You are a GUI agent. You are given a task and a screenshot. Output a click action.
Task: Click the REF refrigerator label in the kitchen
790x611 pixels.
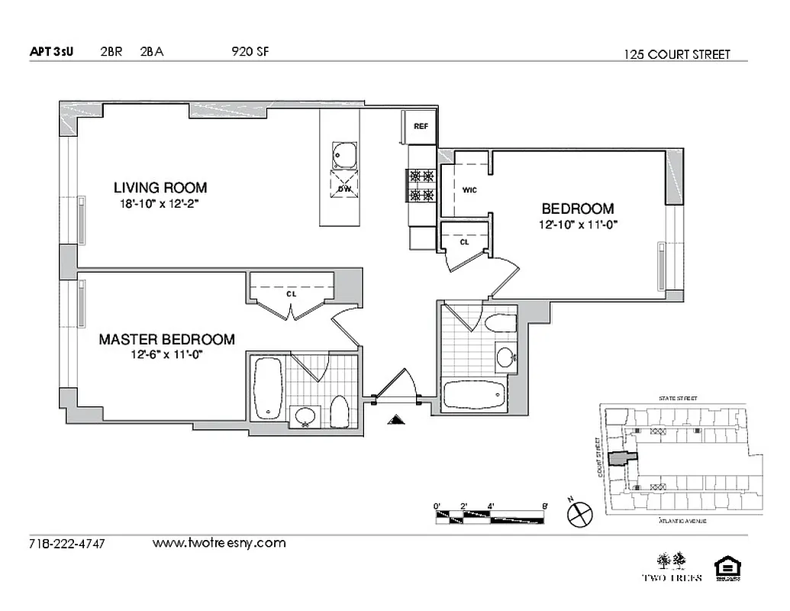[420, 126]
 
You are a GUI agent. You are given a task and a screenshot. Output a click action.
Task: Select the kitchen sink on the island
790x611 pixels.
[343, 155]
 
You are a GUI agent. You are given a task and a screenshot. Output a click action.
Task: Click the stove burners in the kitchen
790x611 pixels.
[422, 185]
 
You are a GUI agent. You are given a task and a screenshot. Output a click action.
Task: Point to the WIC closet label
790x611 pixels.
[469, 190]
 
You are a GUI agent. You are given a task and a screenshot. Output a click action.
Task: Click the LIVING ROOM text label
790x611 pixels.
[160, 187]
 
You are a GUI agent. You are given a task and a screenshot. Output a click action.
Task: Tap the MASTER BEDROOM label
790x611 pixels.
[166, 340]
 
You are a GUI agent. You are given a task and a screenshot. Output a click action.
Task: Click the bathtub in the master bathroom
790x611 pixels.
[269, 389]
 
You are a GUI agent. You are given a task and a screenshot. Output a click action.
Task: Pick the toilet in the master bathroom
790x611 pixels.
[340, 413]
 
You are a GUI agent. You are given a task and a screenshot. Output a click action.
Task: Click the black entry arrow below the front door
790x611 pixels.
[395, 419]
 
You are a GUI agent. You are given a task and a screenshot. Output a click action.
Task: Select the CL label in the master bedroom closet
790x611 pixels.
[291, 293]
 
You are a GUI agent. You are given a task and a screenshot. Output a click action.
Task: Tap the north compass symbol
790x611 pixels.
[579, 513]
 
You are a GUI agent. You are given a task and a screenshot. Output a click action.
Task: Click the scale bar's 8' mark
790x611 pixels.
[544, 506]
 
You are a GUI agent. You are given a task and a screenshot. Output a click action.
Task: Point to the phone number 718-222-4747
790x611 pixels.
[66, 544]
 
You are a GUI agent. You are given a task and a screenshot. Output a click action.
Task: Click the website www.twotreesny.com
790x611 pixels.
[219, 543]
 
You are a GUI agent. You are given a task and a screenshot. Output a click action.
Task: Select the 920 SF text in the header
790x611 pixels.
[250, 52]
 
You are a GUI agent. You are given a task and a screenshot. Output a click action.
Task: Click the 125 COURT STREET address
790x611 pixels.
[676, 54]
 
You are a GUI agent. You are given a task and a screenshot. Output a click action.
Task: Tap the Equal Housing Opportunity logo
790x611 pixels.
[725, 570]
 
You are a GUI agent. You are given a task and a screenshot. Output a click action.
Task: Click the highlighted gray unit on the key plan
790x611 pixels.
[621, 458]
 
